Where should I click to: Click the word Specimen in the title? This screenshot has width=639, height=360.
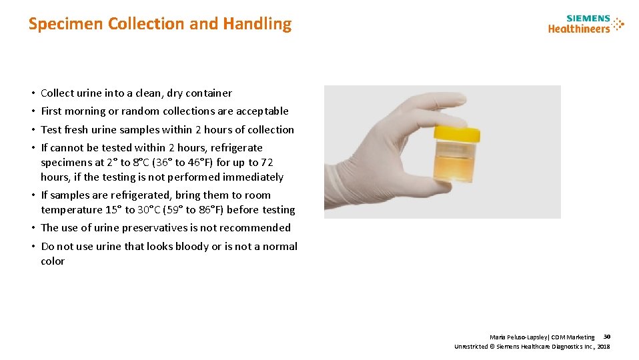click(65, 24)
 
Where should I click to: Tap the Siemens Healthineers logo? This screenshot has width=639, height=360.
click(579, 24)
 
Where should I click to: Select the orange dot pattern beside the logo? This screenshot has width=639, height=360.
click(618, 23)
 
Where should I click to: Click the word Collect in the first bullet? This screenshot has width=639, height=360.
click(56, 93)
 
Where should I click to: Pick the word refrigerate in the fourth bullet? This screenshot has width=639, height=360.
click(237, 148)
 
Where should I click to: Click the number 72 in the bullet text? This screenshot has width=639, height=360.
click(267, 163)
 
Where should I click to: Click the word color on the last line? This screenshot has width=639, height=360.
click(53, 261)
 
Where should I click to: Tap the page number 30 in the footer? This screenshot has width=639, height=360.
click(606, 337)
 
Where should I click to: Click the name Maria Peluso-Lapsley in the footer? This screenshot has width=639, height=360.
click(515, 337)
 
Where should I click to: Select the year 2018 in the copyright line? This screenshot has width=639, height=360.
click(604, 347)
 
